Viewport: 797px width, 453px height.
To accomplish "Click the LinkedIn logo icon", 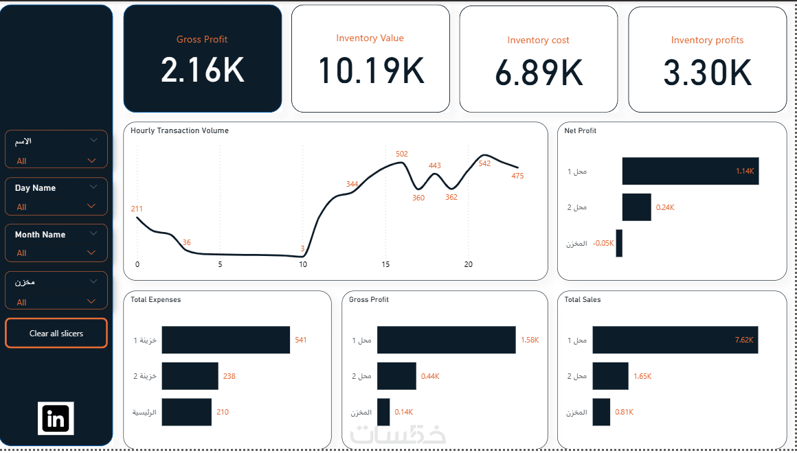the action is point(56,419).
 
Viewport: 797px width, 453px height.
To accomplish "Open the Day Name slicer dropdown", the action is point(91,206).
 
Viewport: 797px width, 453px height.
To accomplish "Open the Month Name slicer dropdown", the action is point(91,253).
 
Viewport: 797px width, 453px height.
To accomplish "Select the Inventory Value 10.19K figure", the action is point(371,70).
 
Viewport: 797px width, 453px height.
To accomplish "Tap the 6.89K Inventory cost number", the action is point(538,73).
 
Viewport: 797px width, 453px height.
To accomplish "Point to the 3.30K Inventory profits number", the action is point(707,73).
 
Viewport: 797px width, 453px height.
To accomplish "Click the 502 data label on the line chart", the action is point(401,154).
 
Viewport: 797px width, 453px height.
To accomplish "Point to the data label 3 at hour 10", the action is point(302,248).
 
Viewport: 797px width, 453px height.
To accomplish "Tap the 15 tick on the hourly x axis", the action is point(385,264).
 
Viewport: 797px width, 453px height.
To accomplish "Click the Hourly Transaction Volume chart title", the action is point(179,130).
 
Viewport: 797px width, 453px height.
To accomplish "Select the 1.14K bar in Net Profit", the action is point(691,171).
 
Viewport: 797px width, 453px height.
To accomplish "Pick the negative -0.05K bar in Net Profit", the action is point(619,243).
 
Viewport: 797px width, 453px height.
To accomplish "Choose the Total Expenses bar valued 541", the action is point(225,340).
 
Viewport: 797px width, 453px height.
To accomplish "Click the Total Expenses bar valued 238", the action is point(190,376).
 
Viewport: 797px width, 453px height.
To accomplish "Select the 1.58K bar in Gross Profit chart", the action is point(447,340).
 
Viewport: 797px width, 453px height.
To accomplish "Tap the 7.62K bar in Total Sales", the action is point(675,340).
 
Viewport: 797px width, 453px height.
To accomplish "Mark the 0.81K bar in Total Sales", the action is point(601,412).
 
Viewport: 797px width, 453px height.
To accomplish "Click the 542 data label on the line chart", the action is point(484,163).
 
